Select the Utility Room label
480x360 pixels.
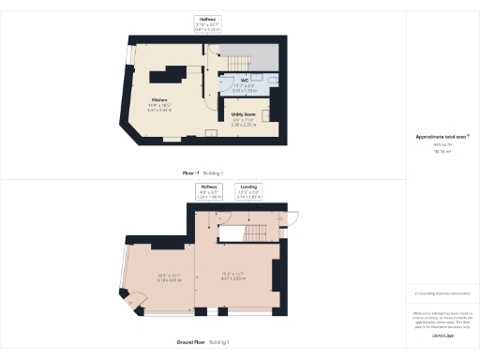243,115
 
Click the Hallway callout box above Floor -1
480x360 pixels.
207,23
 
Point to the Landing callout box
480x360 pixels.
247,192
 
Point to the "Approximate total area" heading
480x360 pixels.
442,137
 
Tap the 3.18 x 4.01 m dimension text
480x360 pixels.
155,278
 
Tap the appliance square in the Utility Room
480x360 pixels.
266,115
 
